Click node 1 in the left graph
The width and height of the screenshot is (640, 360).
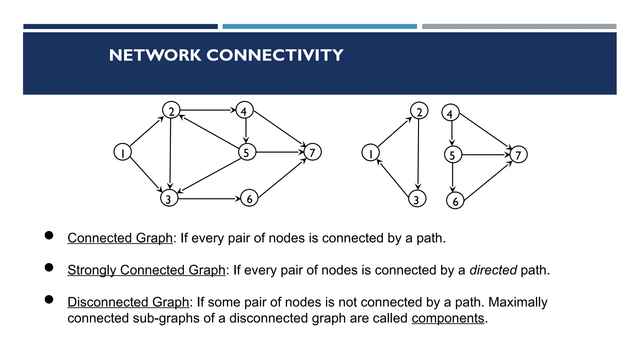click(122, 152)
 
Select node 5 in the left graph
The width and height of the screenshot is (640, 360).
click(247, 152)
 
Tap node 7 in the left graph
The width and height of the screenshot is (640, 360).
click(312, 152)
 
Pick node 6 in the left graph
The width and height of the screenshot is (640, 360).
click(249, 198)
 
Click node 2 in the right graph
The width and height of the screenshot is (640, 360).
click(419, 111)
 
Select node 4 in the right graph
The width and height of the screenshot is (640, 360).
click(450, 113)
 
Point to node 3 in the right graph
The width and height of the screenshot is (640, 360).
click(417, 199)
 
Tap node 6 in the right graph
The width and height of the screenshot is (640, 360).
click(455, 201)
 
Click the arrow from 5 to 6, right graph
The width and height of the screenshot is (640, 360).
click(452, 177)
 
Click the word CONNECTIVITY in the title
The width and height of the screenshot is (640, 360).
click(275, 55)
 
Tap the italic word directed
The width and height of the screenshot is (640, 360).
click(493, 270)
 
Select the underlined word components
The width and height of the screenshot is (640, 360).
click(447, 318)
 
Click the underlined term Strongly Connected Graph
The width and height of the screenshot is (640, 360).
click(146, 270)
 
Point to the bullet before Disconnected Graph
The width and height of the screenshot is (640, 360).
click(49, 299)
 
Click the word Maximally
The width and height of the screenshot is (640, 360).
click(517, 302)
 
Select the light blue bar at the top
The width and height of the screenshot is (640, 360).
click(319, 27)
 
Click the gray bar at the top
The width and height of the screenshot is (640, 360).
click(519, 27)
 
